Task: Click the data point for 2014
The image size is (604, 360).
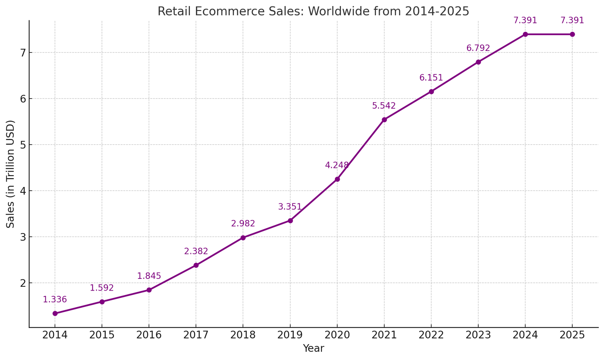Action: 55,313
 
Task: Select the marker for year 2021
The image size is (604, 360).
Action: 384,120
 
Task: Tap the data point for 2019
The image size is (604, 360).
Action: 290,220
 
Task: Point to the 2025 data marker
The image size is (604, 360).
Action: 572,34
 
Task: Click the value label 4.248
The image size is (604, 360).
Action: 337,165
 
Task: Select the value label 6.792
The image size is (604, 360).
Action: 478,48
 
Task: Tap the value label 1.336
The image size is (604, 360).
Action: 55,300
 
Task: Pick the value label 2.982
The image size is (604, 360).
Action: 243,223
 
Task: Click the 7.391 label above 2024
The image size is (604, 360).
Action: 525,20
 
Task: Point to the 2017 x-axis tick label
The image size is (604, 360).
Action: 196,335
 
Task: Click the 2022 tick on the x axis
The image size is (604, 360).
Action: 431,335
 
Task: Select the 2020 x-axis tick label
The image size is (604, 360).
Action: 337,335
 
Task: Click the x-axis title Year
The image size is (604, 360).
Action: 313,349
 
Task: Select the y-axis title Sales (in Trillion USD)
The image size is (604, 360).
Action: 11,174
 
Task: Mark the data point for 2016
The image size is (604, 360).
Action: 149,290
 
